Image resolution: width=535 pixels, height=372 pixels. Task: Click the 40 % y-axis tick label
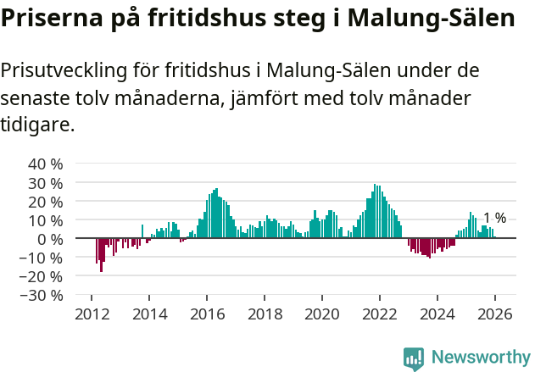click(46, 164)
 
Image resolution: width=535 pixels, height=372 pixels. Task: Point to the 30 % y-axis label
click(46, 182)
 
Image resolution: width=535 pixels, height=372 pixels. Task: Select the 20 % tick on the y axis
click(46, 201)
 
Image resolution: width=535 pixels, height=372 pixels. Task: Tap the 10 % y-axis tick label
click(46, 219)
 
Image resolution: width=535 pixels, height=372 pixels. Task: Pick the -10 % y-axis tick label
click(43, 258)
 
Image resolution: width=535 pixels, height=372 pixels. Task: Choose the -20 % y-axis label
click(43, 276)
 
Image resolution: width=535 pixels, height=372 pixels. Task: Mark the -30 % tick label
click(43, 295)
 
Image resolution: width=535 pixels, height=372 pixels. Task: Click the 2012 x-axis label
click(92, 314)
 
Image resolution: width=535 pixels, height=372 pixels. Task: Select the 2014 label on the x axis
click(149, 314)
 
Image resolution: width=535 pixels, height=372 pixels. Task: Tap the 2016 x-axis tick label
click(207, 314)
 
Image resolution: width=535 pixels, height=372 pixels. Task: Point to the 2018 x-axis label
click(265, 314)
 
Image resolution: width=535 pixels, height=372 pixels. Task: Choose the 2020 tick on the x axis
click(322, 314)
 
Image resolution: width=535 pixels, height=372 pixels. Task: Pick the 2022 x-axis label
click(380, 314)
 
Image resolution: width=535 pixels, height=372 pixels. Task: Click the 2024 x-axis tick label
click(437, 314)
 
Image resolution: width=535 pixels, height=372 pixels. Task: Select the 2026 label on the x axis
click(495, 314)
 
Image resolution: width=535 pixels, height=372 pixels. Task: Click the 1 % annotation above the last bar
click(494, 218)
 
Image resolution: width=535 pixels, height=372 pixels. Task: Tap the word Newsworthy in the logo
click(481, 357)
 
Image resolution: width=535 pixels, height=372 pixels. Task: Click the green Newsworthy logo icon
click(414, 358)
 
